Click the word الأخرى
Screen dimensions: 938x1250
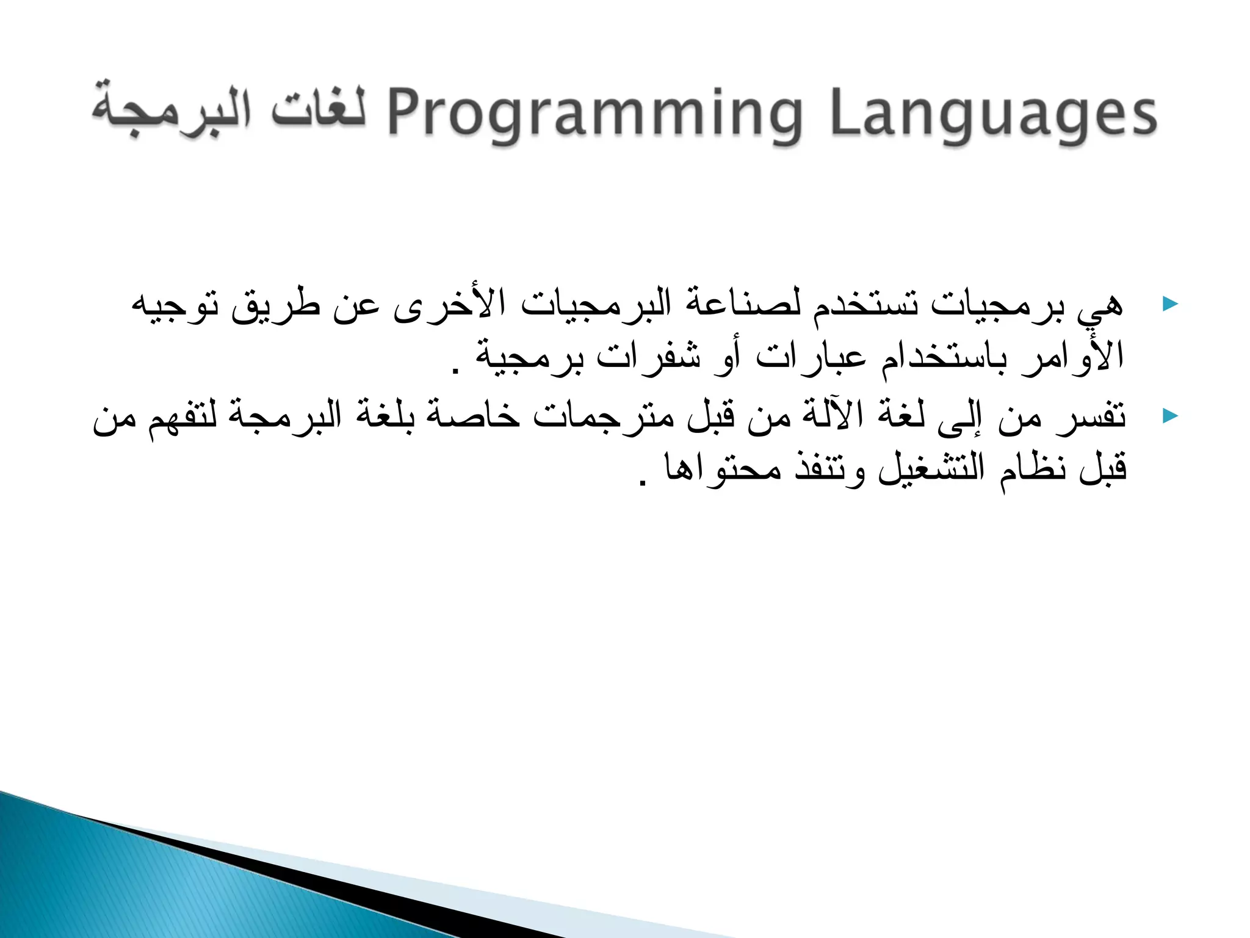pos(449,304)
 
